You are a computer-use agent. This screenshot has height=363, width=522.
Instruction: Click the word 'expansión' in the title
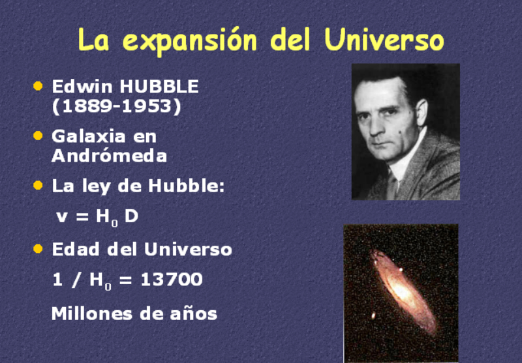coord(190,41)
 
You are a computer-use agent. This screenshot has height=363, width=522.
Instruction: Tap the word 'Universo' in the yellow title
coord(384,39)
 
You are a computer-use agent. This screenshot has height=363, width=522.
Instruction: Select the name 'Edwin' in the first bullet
coord(82,87)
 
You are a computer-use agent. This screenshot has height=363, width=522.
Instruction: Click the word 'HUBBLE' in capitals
coord(159,87)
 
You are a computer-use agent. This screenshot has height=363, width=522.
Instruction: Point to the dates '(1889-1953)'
coord(117,107)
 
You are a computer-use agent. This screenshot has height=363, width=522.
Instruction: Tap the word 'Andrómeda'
coord(109,156)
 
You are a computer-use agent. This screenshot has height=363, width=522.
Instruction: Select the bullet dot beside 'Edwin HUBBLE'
coord(38,86)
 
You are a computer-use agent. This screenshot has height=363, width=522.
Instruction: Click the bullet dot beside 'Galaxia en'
coord(38,136)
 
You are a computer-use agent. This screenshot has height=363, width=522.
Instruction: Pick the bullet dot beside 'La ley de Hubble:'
coord(38,185)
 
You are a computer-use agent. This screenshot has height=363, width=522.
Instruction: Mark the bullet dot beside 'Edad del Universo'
coord(38,248)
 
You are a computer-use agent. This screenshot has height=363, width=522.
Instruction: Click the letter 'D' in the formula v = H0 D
coord(131,216)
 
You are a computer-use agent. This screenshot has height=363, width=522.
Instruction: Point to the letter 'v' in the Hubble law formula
coord(62,218)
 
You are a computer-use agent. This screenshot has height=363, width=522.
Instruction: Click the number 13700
coord(172,279)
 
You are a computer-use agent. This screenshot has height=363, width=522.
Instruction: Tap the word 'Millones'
coord(92,313)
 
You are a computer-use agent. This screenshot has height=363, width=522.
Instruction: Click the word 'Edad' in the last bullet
coord(76,249)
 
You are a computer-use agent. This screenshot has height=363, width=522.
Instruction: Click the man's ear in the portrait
coord(421,112)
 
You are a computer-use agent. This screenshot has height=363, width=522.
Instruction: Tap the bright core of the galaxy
coord(402,293)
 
